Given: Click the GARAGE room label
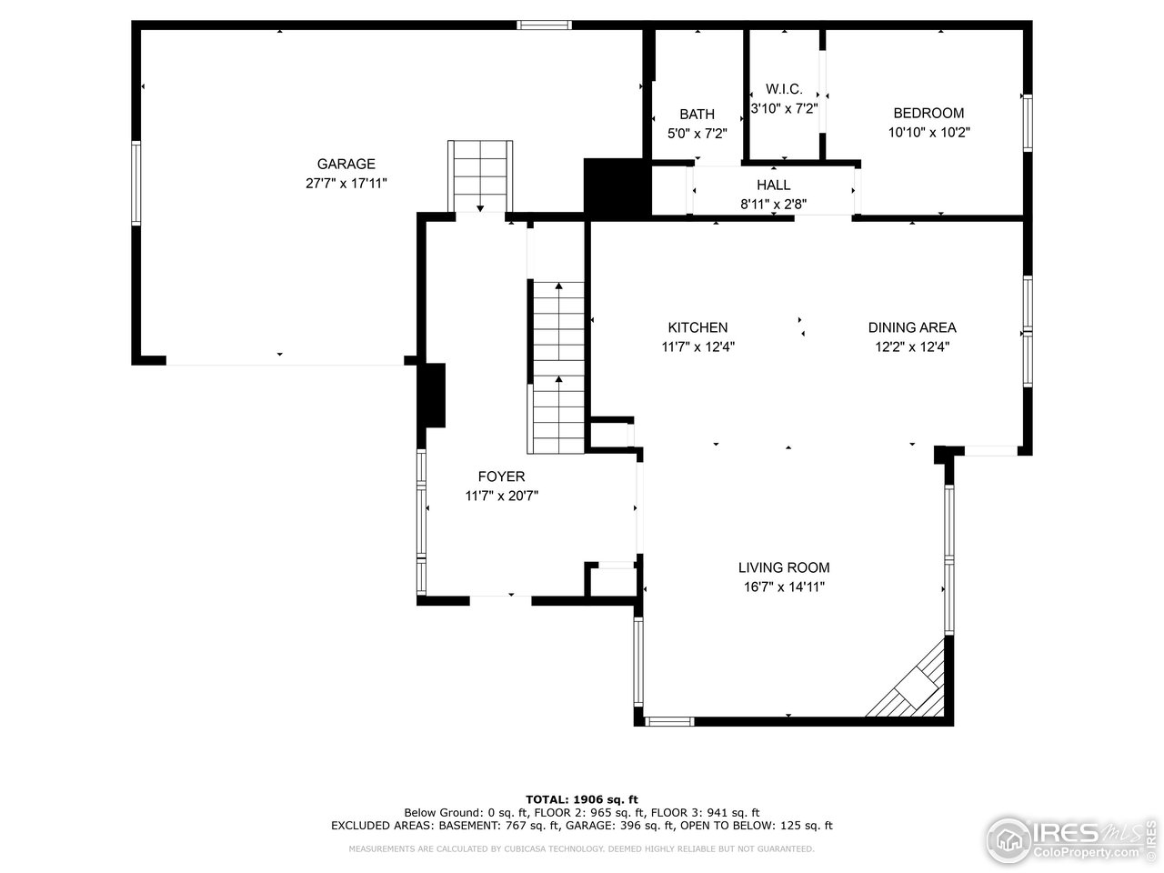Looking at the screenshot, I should [346, 164].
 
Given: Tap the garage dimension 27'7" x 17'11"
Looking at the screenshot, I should [346, 183].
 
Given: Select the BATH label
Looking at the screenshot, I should [697, 114].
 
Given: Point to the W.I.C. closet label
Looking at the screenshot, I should [784, 88].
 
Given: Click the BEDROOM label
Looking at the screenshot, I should [928, 113].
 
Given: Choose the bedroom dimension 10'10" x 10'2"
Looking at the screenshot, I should [928, 132].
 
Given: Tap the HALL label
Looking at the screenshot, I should [773, 185].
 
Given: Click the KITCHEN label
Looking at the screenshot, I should [697, 327].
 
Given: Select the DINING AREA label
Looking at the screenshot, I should [912, 327].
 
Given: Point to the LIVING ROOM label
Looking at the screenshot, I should [784, 567].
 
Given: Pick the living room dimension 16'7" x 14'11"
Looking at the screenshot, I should [784, 587].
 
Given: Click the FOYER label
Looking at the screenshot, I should [501, 477].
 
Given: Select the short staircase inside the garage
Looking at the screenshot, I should [480, 176].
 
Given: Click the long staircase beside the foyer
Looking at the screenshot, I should [557, 368].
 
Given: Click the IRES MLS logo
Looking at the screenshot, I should [1069, 838].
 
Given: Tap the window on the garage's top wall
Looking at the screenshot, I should [544, 25].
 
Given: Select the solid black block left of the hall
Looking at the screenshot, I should [617, 187].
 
